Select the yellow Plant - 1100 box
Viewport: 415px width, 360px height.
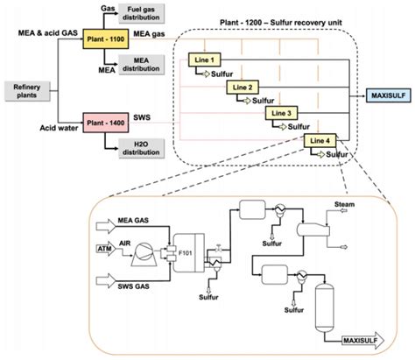coord(102,40)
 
